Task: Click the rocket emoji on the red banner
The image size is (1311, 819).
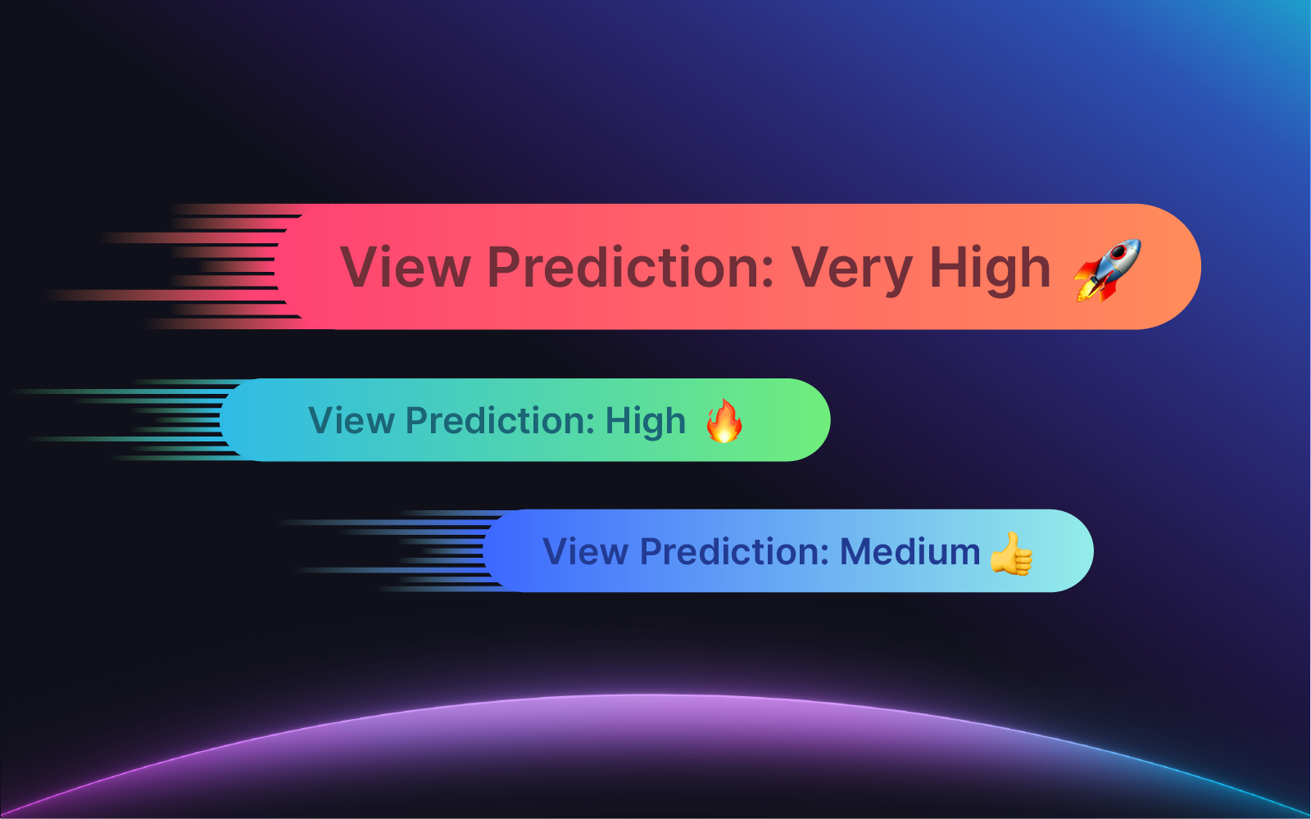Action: tap(1107, 269)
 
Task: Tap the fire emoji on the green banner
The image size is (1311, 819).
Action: tap(724, 421)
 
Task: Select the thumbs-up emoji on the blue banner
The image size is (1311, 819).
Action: tap(1011, 554)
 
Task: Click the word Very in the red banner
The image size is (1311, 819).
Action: tap(851, 269)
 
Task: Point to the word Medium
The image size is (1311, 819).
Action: tap(910, 551)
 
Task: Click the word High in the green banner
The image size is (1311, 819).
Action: tap(645, 421)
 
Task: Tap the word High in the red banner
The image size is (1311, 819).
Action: tap(990, 268)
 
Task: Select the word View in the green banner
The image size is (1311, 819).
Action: tap(352, 420)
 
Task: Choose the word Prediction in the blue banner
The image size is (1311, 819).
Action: tap(734, 551)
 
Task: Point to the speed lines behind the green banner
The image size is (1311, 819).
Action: tap(126, 420)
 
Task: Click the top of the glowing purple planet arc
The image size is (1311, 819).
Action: tap(650, 695)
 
